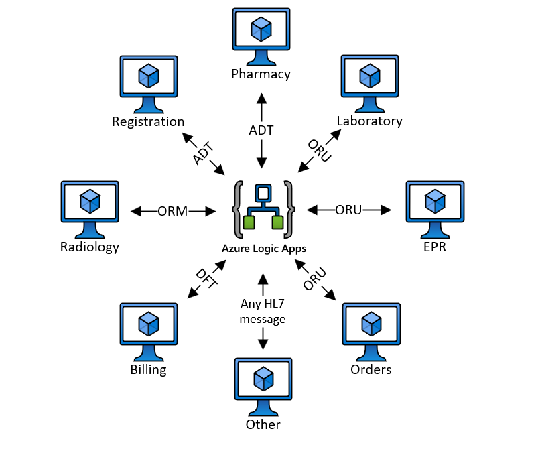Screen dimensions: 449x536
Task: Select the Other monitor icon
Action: pos(263,385)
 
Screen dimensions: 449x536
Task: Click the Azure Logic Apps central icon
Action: pos(263,209)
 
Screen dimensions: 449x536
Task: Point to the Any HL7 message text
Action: pos(263,312)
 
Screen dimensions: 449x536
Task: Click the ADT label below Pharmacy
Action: pos(261,131)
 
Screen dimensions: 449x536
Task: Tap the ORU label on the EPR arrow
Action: pos(348,210)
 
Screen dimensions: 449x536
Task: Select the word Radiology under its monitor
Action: pos(89,247)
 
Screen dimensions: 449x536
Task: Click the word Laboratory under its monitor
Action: pos(370,121)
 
